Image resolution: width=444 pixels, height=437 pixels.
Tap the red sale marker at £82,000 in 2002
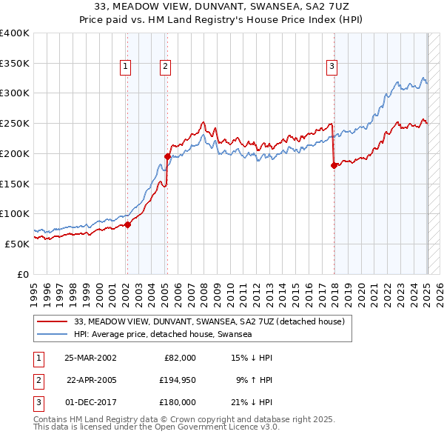point(127,224)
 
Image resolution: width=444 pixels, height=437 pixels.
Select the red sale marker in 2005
point(167,156)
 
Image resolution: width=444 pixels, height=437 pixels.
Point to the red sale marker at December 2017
point(334,165)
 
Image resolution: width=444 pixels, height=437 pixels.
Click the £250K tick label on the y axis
point(15,123)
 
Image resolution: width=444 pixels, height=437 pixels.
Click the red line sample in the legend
point(52,322)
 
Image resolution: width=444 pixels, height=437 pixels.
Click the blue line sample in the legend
point(52,335)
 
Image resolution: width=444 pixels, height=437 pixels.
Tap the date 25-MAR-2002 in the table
point(90,358)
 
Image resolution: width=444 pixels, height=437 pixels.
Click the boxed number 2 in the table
point(36,380)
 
